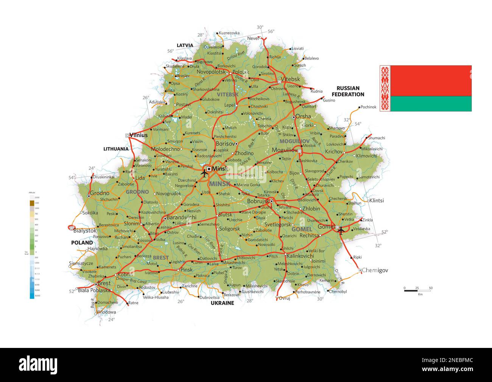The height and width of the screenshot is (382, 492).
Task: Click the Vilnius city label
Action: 138,135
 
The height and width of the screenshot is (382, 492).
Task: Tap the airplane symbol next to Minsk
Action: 205,173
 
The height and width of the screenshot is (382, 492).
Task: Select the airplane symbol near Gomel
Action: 341,230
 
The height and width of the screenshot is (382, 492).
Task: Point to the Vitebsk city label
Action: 290,79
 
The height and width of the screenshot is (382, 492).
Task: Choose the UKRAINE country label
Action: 222,303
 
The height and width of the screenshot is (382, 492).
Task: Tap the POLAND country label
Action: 82,243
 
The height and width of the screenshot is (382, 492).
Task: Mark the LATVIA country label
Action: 185,45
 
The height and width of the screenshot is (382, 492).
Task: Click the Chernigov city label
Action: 375,270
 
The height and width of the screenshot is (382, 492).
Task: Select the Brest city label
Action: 104,283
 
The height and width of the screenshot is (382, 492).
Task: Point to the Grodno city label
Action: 100,193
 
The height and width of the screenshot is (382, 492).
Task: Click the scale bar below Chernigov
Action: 417,291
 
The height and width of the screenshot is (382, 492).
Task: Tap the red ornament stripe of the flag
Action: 385,88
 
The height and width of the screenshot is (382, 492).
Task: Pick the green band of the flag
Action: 431,103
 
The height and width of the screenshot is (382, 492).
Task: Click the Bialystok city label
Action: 85,230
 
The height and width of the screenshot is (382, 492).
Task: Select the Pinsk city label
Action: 187,270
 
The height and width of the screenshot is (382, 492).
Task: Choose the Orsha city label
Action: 303,117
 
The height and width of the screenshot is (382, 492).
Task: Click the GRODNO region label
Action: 137,192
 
